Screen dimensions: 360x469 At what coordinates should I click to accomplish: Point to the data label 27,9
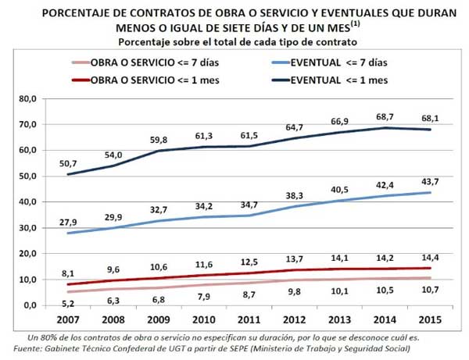click(67, 222)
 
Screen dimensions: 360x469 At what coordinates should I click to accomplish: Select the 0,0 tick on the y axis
click(30, 305)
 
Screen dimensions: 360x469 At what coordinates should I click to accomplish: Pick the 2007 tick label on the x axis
click(67, 320)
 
